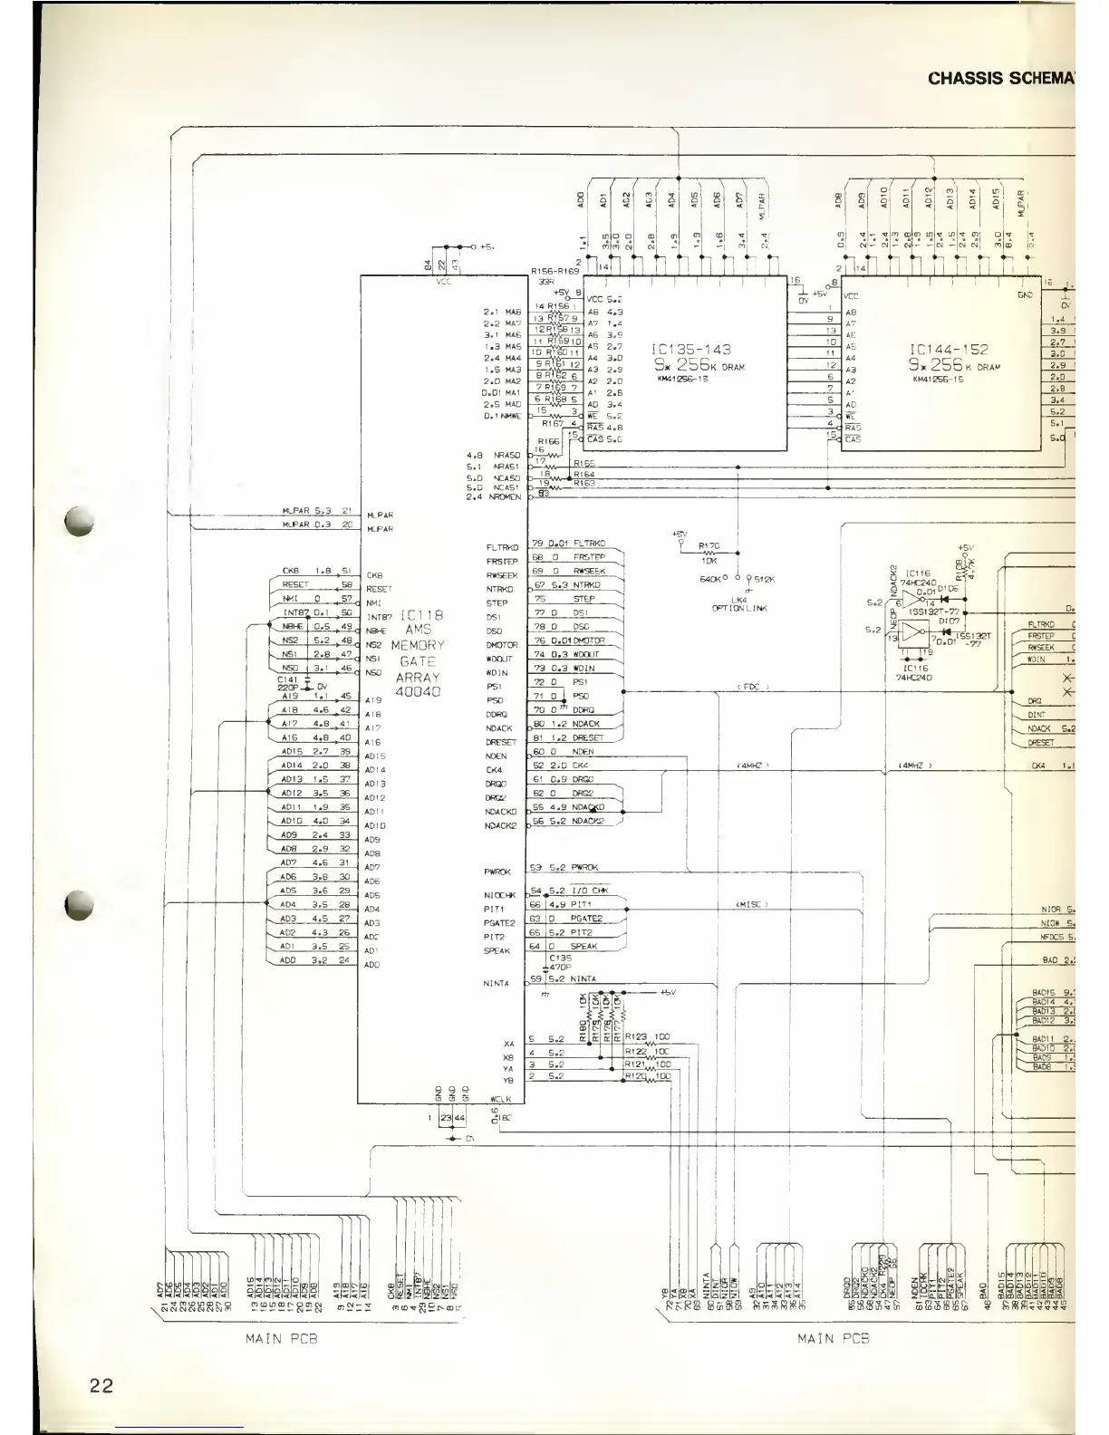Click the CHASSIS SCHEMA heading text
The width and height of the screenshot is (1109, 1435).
pos(1000,78)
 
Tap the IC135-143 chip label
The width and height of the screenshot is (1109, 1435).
pos(692,350)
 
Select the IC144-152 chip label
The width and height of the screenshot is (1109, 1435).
pos(949,350)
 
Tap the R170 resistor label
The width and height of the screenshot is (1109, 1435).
pos(709,545)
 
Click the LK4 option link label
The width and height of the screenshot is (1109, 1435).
pos(739,600)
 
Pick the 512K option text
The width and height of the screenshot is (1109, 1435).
pos(765,580)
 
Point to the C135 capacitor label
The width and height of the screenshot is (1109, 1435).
pos(561,957)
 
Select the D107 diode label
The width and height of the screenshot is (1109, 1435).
pos(949,620)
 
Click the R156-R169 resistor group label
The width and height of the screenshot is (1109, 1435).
pos(554,271)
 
